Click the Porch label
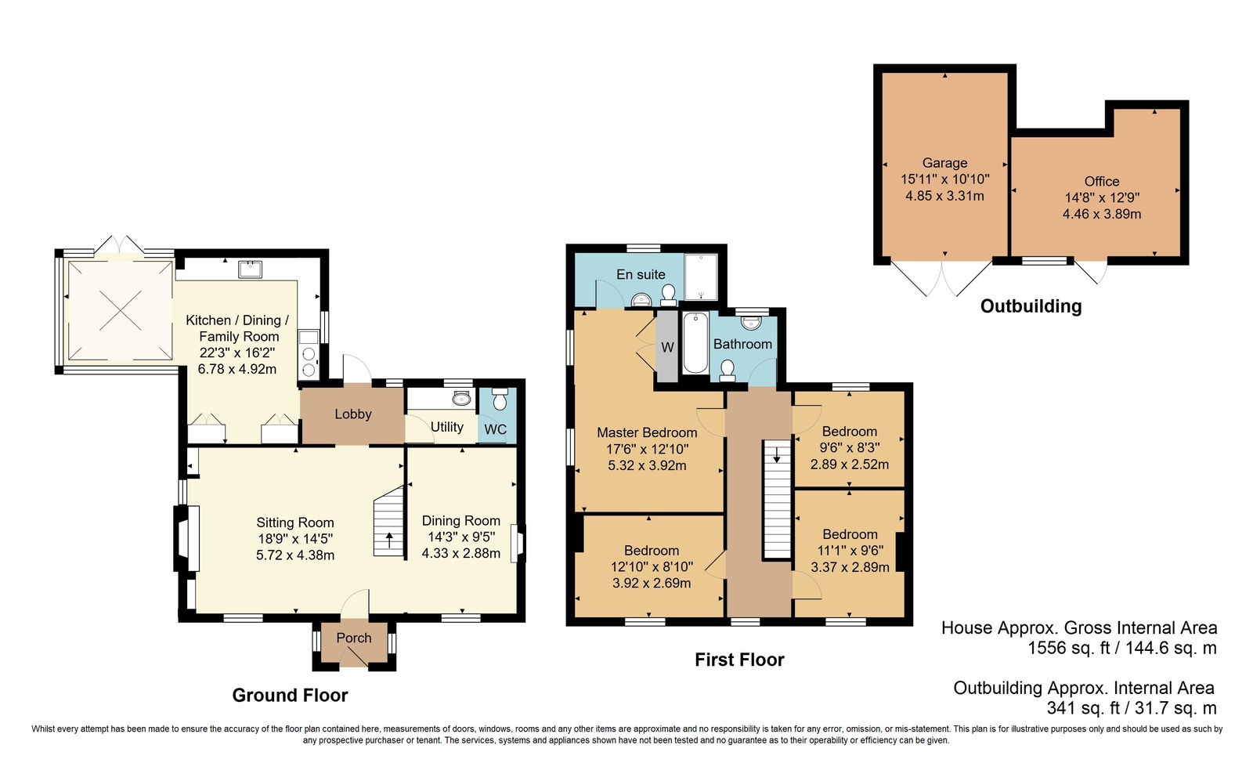[x=353, y=638]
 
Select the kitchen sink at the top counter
[x=250, y=269]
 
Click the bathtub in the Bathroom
[x=695, y=342]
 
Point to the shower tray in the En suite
[x=701, y=277]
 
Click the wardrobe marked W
[x=666, y=346]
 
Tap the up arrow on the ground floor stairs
[x=389, y=539]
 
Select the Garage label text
[x=944, y=163]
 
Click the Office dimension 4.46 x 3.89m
[x=1102, y=214]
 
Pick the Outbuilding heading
[x=1031, y=306]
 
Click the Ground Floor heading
[x=290, y=695]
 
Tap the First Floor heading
[x=739, y=660]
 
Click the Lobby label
[x=353, y=414]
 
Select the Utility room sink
[x=462, y=398]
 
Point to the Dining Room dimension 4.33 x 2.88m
[x=461, y=553]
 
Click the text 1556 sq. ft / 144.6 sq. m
[x=1122, y=648]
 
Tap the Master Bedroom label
[x=647, y=432]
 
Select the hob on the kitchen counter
[x=309, y=361]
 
